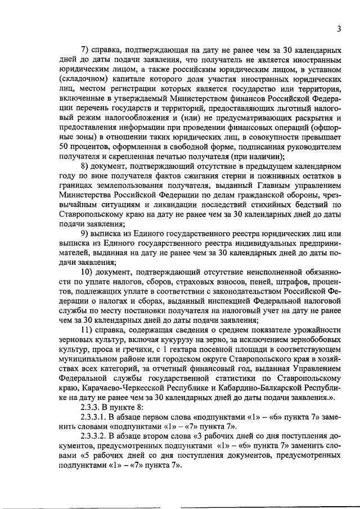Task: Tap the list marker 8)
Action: tap(86, 166)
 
